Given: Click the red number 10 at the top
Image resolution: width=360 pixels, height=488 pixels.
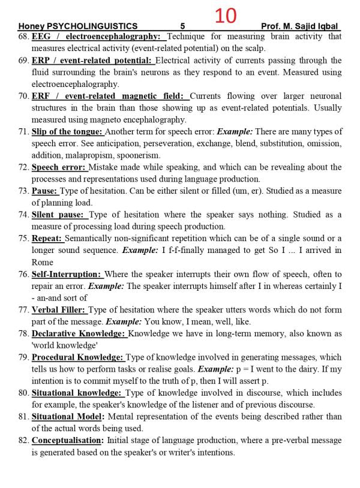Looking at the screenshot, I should coord(226,16).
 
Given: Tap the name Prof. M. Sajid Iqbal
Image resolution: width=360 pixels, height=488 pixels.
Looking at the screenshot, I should coord(300,26).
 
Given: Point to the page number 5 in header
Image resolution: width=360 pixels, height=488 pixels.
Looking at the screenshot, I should coord(182,26).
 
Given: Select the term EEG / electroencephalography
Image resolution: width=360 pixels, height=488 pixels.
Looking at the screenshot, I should coord(98,37).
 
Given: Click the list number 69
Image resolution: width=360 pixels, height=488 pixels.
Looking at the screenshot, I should coord(23,61).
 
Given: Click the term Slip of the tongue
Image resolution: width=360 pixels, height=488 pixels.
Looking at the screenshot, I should coord(67,132).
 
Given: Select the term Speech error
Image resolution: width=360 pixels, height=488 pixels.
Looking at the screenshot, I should coord(59,167).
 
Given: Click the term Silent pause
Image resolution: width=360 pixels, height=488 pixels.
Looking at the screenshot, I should coord(59,215).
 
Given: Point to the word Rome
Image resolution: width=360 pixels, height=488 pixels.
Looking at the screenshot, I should coord(42,262).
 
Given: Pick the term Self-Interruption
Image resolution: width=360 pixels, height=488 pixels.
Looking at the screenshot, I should coord(67,274).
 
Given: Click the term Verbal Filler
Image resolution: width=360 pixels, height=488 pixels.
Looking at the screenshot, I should coord(59,310).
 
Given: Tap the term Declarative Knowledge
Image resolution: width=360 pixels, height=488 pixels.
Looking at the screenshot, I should coord(79,333).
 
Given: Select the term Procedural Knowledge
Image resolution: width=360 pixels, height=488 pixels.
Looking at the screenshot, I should coord(77,357).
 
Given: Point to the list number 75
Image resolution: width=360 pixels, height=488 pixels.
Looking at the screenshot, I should coord(23,239).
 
